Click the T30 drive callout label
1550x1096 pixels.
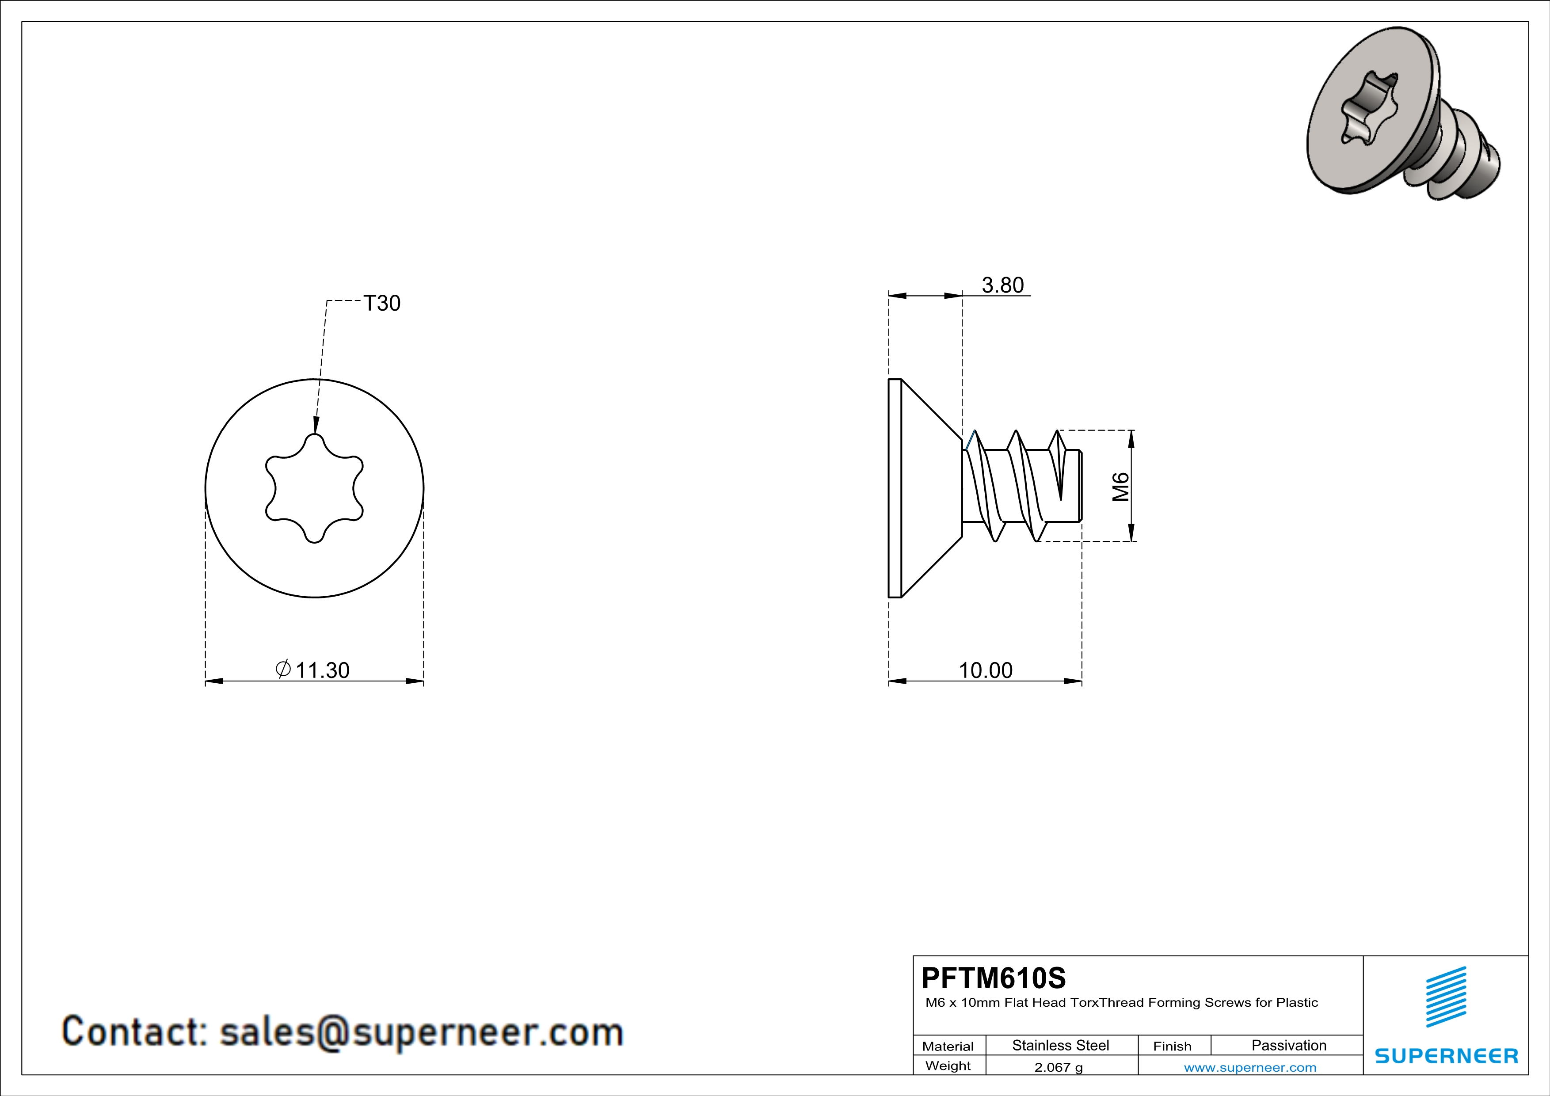(382, 303)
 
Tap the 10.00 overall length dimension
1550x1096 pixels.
(986, 670)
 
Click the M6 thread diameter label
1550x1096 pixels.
(1121, 487)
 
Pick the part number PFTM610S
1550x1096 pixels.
(994, 977)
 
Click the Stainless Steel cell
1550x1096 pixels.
(1061, 1045)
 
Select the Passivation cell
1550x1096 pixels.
(1289, 1045)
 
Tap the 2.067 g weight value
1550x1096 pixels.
(1059, 1067)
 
